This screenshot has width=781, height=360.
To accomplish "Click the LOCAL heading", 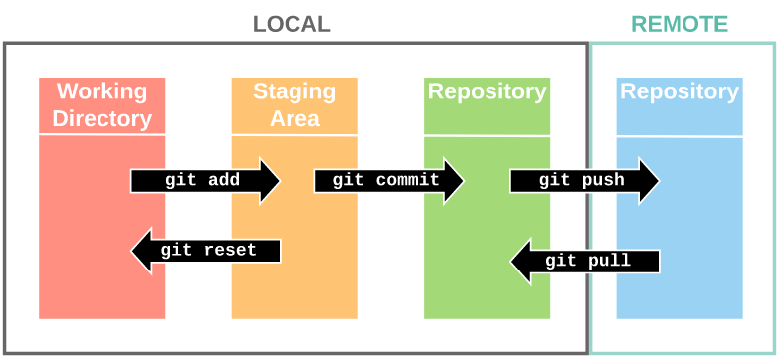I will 291,24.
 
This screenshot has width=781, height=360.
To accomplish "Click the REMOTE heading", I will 680,24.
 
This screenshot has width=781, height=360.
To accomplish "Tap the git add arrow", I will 205,181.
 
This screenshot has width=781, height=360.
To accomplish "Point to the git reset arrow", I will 206,251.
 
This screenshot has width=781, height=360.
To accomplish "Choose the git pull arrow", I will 585,262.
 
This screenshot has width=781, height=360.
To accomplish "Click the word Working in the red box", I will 101,91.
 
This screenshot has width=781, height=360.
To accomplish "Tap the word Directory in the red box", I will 101,119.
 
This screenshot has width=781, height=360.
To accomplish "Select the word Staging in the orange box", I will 294,91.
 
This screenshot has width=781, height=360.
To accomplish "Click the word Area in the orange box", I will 294,119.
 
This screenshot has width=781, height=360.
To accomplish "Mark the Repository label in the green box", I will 487,91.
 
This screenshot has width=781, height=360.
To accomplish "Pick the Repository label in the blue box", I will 680,91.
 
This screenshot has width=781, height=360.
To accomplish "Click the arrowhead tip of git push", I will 657,181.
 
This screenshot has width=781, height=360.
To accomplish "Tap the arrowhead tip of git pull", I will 513,262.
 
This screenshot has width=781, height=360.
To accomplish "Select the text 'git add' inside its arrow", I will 202,181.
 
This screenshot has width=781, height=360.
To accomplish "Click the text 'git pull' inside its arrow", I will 588,262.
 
